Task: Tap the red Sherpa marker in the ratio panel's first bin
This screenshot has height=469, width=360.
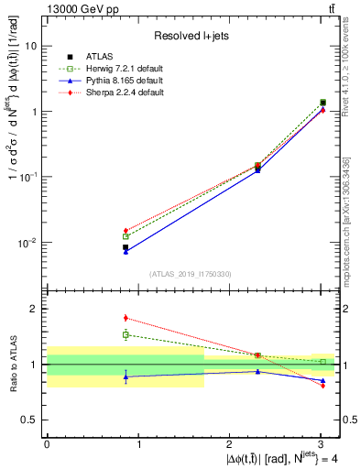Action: pos(125,318)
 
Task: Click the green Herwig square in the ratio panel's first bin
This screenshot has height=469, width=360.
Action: pos(125,334)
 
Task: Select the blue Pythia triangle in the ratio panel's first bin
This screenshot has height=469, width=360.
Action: pos(125,376)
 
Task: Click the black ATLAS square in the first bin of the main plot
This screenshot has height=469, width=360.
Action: pos(125,247)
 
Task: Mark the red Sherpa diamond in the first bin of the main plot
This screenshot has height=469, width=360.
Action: pos(125,231)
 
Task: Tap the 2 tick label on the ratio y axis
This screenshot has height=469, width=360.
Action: pos(34,309)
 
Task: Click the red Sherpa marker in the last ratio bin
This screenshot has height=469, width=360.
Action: pos(322,386)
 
